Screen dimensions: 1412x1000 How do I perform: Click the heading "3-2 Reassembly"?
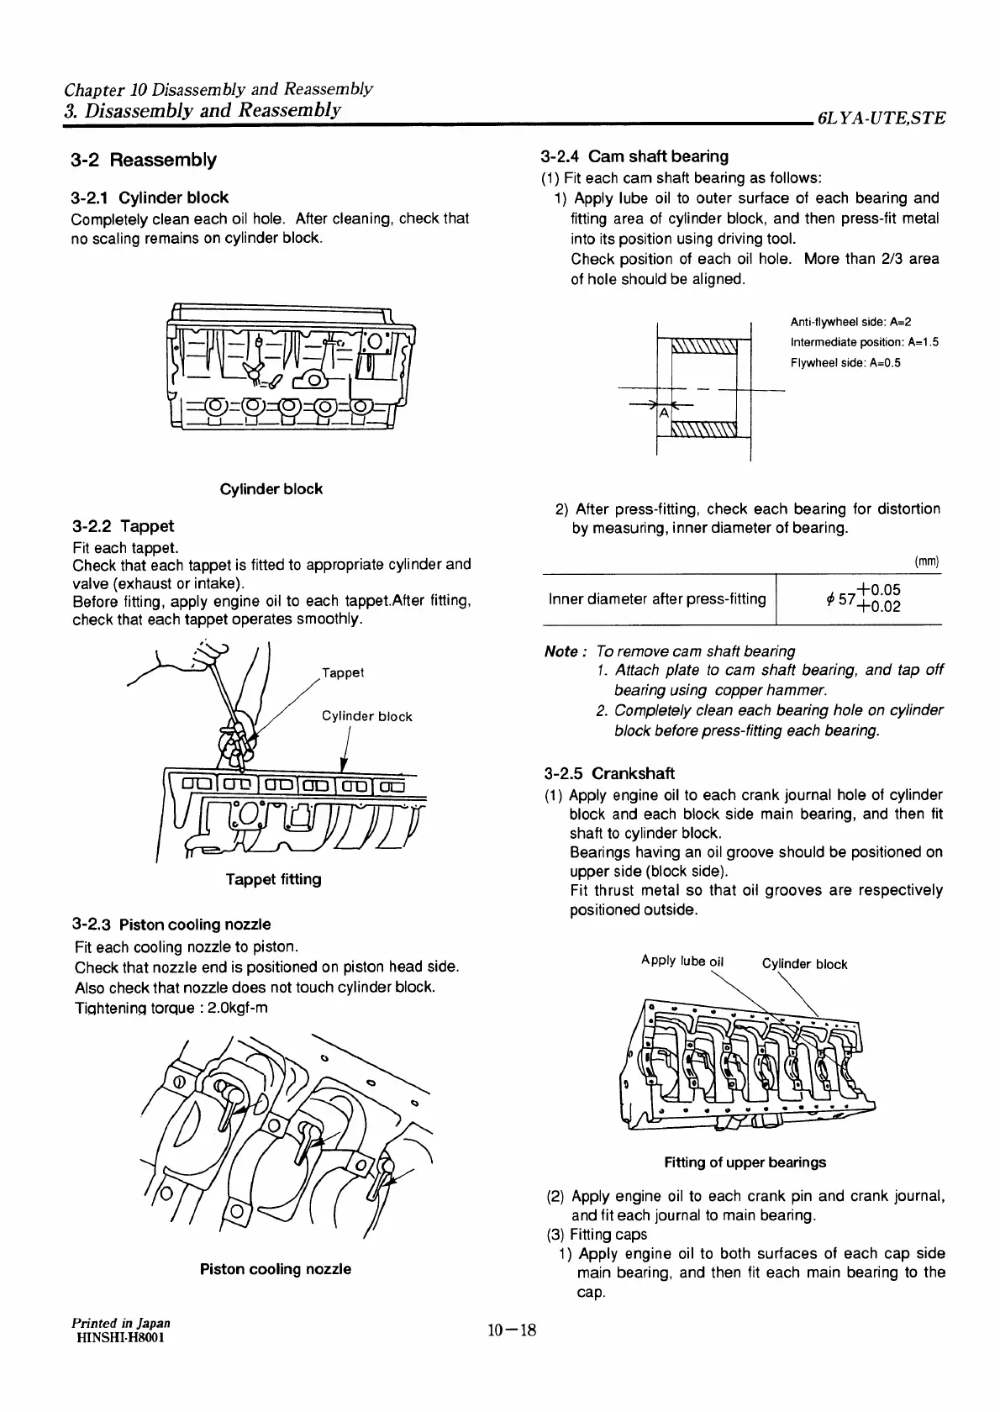144,160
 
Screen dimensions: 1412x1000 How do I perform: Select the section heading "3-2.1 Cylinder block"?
150,198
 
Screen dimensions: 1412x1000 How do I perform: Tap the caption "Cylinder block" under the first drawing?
271,489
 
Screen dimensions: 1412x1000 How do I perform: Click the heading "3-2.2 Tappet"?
124,526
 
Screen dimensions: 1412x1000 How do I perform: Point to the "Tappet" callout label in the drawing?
343,672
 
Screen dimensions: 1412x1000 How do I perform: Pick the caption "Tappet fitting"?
273,879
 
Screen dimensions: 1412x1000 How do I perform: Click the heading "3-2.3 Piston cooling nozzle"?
173,925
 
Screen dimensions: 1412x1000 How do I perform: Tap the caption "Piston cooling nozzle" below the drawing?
275,1269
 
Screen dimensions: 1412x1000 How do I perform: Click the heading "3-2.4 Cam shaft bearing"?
635,156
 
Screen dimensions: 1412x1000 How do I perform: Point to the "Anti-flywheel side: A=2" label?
850,322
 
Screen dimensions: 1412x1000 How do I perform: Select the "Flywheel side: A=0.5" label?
845,363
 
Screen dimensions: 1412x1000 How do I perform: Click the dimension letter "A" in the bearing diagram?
663,413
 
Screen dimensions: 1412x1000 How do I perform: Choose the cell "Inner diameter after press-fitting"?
657,599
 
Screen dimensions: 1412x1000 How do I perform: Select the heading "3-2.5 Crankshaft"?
609,773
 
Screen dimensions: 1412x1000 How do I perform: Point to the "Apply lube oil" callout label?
682,961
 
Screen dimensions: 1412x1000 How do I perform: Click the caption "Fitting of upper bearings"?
745,1162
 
